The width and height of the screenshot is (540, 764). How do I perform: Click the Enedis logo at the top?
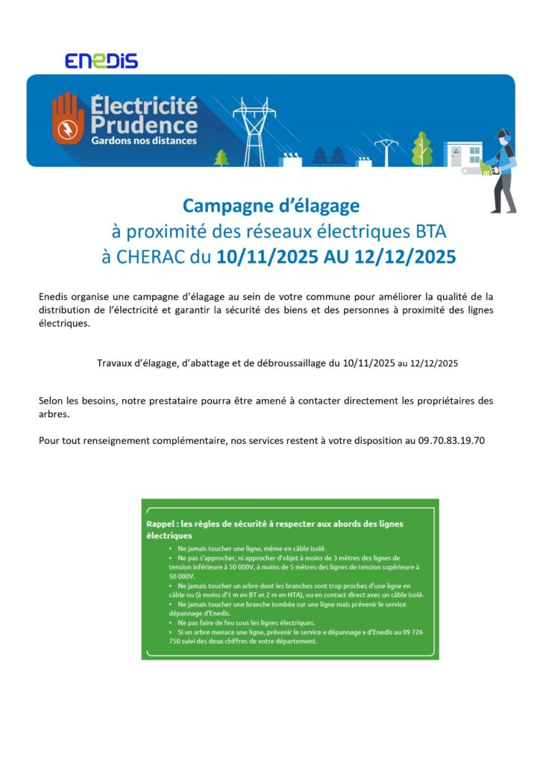(101, 60)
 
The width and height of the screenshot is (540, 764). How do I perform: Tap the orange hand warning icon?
(69, 119)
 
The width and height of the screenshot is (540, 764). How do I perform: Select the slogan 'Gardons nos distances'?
(144, 140)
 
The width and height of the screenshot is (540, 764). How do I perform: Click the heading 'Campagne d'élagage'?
(271, 205)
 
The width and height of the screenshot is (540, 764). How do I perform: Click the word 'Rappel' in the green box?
(161, 524)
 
